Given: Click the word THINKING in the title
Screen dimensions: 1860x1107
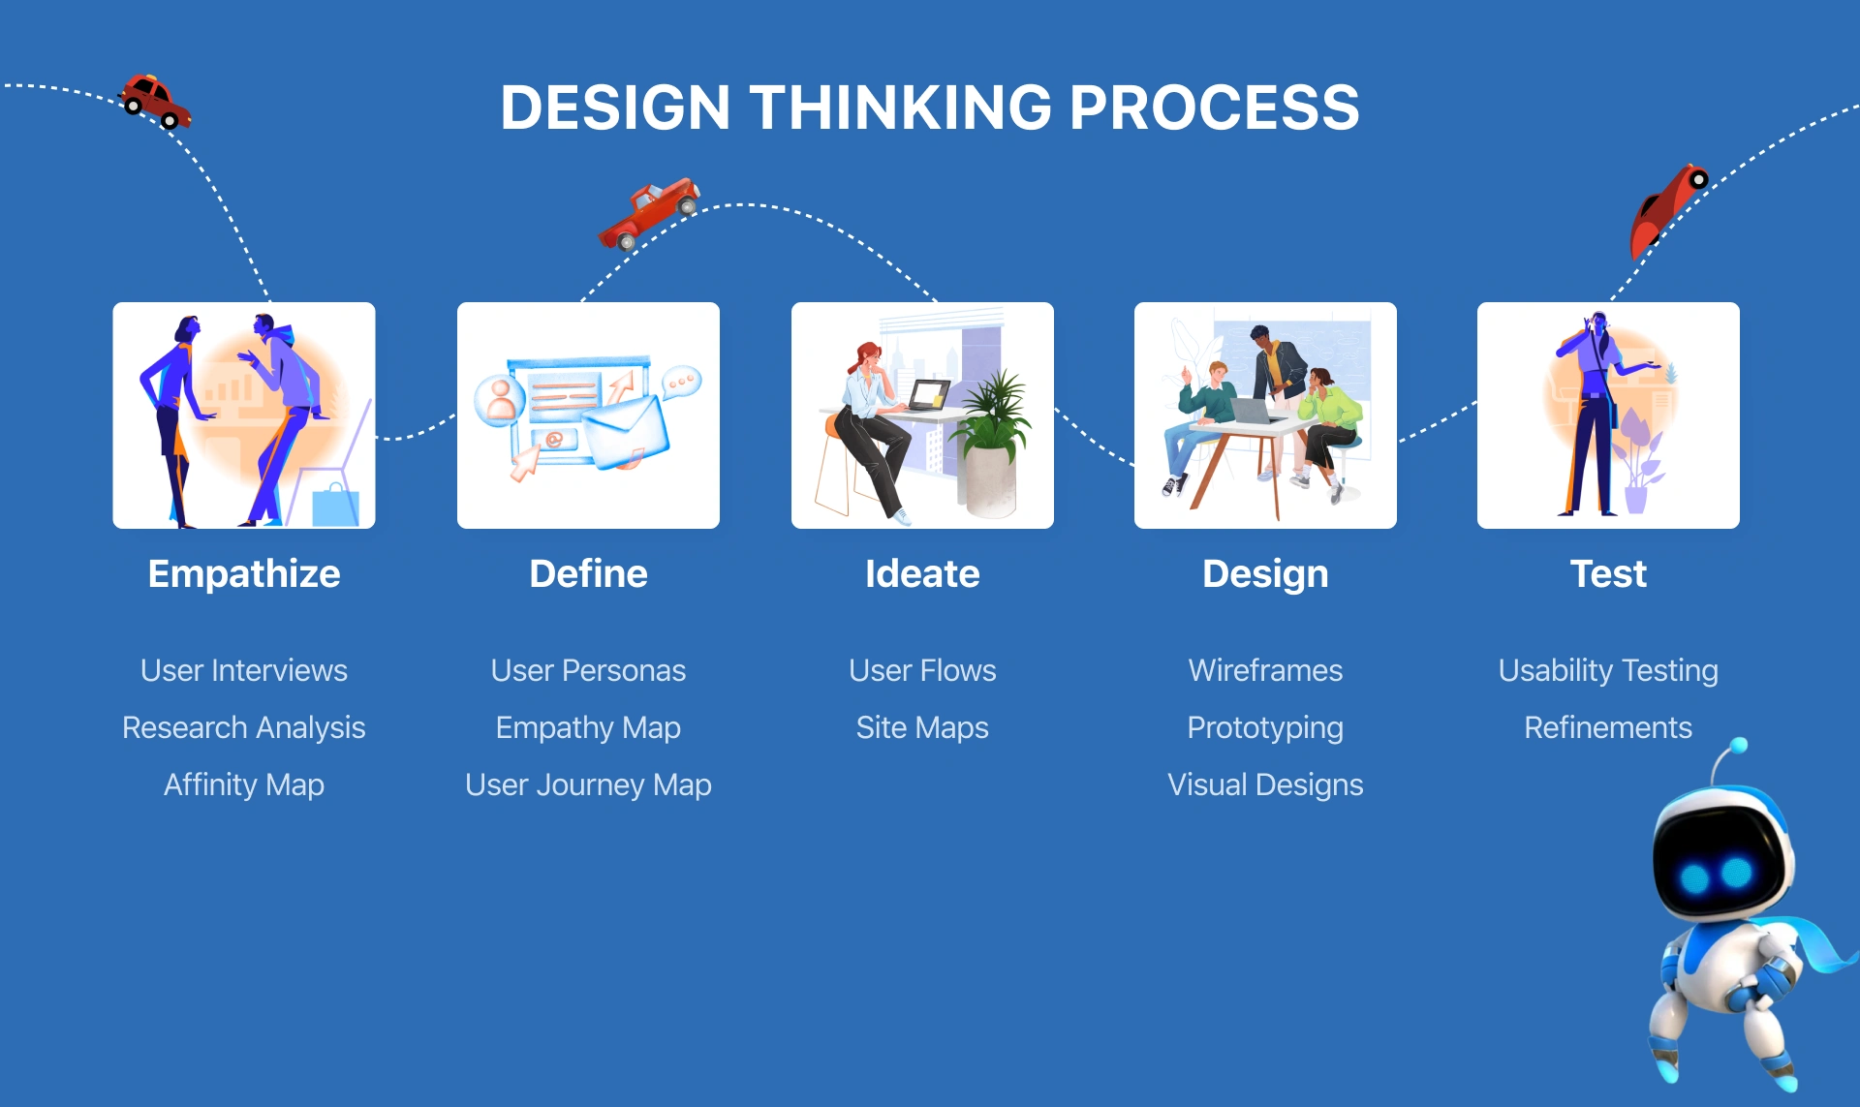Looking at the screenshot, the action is [x=900, y=107].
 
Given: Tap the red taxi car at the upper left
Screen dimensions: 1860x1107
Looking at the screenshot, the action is [x=155, y=101].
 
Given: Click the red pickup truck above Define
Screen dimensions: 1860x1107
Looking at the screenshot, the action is [x=649, y=213].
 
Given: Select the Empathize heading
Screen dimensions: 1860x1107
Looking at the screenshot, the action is [x=244, y=574].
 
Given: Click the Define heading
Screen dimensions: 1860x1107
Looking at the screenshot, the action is [x=588, y=574].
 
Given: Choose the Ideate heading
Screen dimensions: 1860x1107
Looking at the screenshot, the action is [x=922, y=574].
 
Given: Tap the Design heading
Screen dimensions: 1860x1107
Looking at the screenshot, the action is [x=1265, y=574].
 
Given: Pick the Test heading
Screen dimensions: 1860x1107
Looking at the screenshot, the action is [x=1608, y=574].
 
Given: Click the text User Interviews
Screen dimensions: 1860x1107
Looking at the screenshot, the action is [x=244, y=670].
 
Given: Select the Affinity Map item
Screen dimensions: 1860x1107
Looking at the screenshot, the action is [x=244, y=784].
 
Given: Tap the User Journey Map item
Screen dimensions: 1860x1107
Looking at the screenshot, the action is [x=588, y=784].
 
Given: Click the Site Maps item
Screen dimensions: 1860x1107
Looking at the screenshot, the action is [x=922, y=727].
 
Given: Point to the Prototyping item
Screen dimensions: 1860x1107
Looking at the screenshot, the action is [x=1265, y=727].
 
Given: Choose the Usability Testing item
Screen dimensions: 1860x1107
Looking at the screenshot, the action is [x=1608, y=670].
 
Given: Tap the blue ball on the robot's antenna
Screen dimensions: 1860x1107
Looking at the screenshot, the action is [x=1739, y=746].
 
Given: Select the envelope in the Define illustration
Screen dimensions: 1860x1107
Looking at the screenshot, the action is [x=625, y=431].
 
